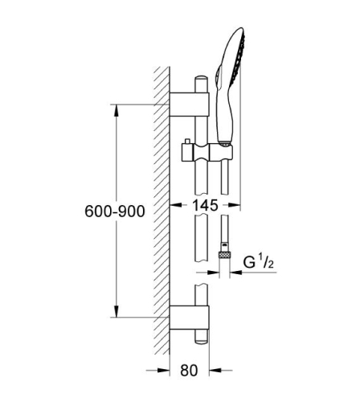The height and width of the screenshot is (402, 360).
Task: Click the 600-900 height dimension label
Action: pos(115,211)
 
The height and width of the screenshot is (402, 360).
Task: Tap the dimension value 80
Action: pos(189,371)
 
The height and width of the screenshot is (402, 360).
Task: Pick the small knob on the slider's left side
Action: pos(186,143)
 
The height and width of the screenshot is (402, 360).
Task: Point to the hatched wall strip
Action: pos(162,201)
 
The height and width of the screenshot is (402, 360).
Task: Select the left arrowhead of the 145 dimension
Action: pos(174,205)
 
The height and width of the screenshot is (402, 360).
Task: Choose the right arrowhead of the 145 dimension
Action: pos(239,205)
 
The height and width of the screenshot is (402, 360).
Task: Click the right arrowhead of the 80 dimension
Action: pos(207,371)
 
